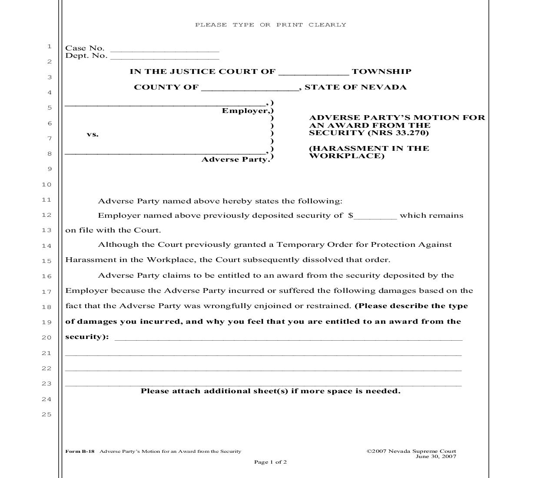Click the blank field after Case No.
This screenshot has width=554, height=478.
point(165,49)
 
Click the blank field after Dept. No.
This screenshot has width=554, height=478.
point(165,56)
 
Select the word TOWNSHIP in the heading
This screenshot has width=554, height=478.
point(381,72)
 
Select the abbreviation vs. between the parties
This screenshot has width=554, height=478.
point(93,134)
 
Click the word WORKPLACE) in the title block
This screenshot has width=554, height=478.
point(346,156)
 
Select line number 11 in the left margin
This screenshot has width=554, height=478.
point(46,200)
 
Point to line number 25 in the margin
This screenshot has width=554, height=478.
point(46,415)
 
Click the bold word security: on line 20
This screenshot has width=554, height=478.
point(87,337)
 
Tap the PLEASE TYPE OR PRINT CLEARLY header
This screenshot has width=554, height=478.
point(271,25)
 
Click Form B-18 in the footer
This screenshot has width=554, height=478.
point(80,451)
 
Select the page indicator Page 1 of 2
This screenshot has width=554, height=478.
point(270,462)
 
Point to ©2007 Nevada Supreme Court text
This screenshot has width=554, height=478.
point(411,451)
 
